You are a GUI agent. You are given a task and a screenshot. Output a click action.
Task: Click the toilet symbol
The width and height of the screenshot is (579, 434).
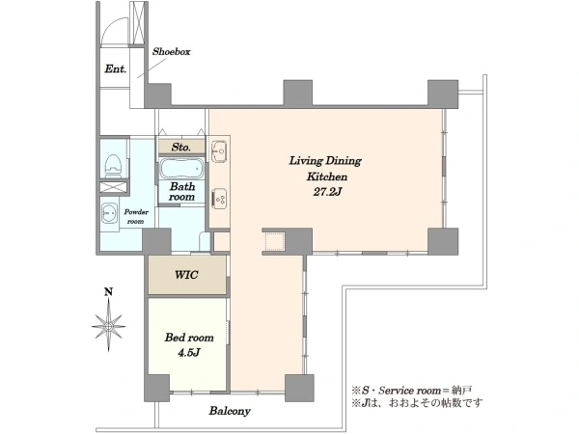[x=113, y=163]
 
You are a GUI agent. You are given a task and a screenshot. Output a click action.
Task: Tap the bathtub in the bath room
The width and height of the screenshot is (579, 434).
[x=181, y=169]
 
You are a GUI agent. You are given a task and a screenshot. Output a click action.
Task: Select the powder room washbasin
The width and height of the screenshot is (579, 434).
[x=109, y=213]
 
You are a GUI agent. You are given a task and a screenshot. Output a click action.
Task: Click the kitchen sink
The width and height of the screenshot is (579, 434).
[x=220, y=151]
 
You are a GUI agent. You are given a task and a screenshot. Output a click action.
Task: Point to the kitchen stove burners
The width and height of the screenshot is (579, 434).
[x=219, y=199]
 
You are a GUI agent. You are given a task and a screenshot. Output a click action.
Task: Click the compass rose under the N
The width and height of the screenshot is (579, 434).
[x=108, y=325]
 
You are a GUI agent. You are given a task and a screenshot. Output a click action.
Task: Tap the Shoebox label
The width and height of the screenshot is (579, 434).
[x=172, y=52]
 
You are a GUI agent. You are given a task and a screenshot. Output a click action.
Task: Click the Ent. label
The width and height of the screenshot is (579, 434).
[x=115, y=68]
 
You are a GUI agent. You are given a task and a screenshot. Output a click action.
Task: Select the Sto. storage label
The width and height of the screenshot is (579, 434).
[x=181, y=148]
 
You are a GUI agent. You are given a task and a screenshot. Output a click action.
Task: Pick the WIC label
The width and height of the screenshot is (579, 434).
[x=186, y=275]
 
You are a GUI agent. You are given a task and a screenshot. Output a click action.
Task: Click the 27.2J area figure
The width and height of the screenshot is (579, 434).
[x=326, y=192]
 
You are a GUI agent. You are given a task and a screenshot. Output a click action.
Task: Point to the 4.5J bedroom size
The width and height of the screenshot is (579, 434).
[x=189, y=353]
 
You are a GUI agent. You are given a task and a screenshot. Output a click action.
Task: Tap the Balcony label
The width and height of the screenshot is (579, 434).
[x=230, y=411]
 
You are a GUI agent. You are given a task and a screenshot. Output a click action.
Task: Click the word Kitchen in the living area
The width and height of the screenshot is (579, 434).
[x=327, y=176]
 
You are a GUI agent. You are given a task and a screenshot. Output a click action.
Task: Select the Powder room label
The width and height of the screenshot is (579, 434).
[x=136, y=217]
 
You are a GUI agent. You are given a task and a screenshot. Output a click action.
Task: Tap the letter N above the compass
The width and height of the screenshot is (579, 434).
[x=108, y=292]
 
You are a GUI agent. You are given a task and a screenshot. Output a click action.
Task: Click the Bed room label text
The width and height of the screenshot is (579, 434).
[x=189, y=338]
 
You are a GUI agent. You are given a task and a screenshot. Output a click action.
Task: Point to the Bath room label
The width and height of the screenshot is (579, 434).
[x=181, y=192]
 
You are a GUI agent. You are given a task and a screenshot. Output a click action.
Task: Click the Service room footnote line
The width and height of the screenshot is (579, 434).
[x=412, y=390]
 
